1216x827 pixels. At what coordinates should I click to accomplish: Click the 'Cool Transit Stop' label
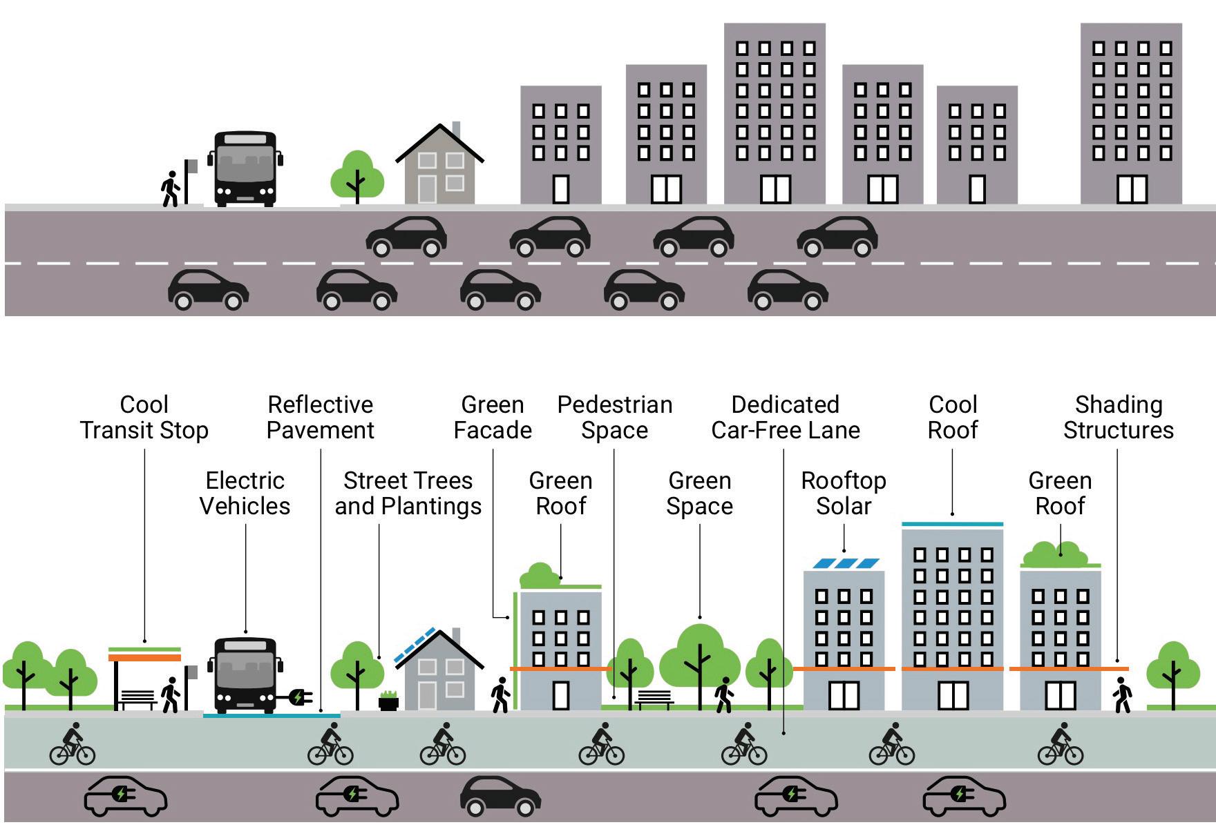coord(144,418)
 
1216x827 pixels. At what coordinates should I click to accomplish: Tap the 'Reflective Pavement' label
coord(321,418)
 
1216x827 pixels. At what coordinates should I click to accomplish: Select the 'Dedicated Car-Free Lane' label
coord(786,418)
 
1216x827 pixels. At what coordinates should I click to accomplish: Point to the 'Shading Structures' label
coord(1119,418)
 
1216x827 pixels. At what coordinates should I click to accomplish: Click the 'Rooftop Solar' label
coord(844,493)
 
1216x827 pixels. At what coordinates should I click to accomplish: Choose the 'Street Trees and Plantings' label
coord(408,493)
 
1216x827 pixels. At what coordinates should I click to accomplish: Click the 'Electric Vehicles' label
coord(245,493)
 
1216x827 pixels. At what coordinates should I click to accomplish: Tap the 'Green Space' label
coord(699,493)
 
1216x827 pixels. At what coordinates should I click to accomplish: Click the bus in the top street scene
coord(245,168)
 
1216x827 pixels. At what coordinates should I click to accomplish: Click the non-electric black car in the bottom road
coord(500,796)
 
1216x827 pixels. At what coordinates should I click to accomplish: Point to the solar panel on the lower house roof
coord(415,646)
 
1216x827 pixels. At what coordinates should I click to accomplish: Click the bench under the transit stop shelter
coord(138,699)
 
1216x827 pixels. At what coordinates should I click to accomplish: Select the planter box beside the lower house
coord(389,702)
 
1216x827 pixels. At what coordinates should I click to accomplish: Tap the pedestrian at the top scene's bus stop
coord(170,189)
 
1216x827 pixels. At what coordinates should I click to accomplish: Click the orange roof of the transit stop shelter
coord(145,658)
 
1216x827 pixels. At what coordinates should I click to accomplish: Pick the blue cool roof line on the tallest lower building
coord(952,525)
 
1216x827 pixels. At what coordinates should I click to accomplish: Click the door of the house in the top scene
coord(426,188)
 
